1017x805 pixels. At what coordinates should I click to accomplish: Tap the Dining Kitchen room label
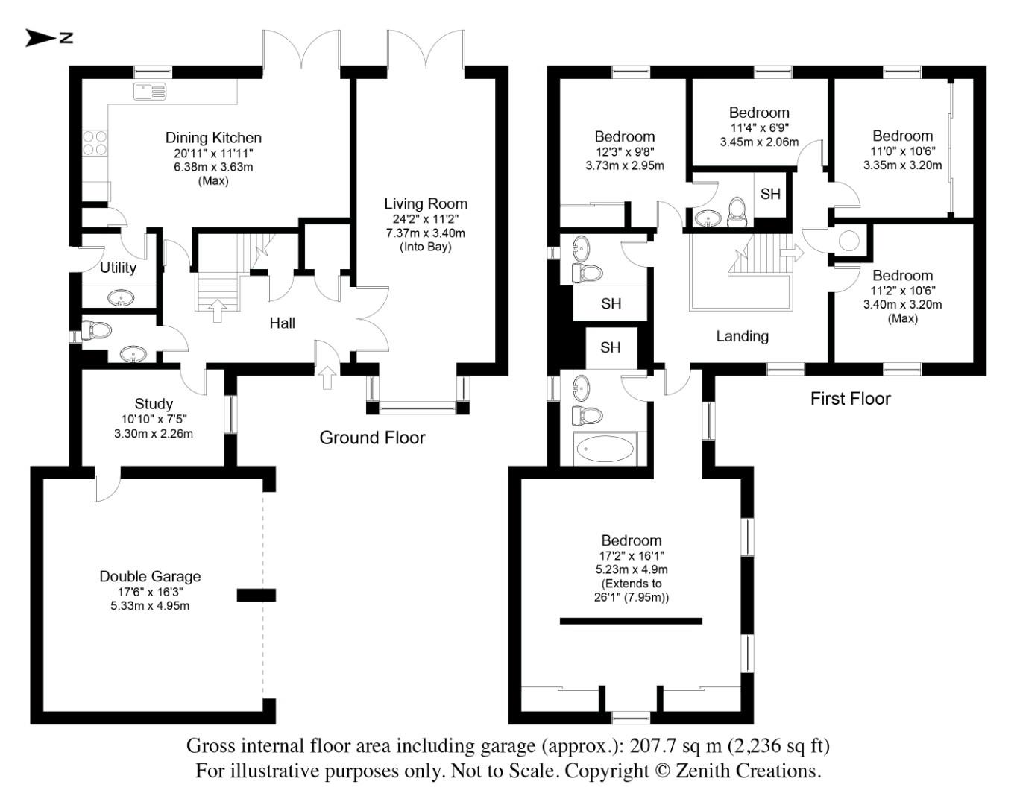(x=213, y=138)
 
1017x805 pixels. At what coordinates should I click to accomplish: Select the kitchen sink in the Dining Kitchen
(x=150, y=92)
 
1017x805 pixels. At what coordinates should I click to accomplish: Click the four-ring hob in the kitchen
(x=95, y=143)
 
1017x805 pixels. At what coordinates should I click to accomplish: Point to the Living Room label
(x=426, y=203)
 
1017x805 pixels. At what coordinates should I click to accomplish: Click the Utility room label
(x=118, y=268)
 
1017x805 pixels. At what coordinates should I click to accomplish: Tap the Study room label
(x=154, y=404)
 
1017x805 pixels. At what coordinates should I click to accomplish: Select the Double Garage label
(x=150, y=576)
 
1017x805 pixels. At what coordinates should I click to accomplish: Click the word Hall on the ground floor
(x=282, y=323)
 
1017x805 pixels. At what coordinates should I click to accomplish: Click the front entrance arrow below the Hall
(x=327, y=379)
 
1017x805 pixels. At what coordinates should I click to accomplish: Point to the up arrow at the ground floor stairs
(x=217, y=310)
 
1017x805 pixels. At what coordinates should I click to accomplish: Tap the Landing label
(x=742, y=336)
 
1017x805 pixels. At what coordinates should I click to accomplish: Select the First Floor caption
(x=850, y=399)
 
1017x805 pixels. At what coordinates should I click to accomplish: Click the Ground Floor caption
(x=372, y=438)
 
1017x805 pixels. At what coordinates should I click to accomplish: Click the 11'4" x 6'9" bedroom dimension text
(x=759, y=127)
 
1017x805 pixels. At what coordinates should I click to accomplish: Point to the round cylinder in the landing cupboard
(x=849, y=241)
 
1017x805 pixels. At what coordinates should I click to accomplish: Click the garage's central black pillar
(x=256, y=595)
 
